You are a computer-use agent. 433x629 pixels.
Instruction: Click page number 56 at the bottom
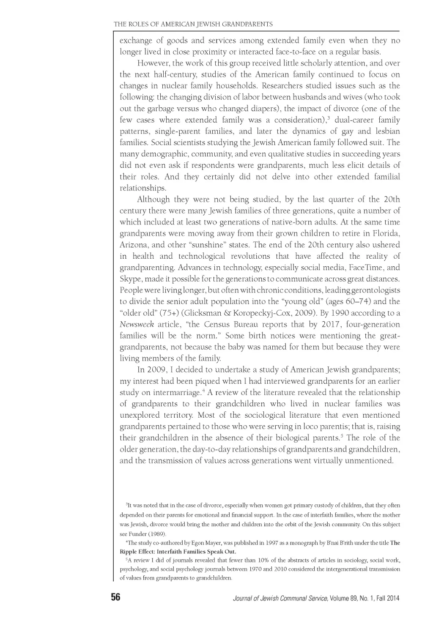(115, 597)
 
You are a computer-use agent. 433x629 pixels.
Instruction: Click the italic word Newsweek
(132, 325)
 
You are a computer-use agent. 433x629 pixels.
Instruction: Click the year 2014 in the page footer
(392, 598)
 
